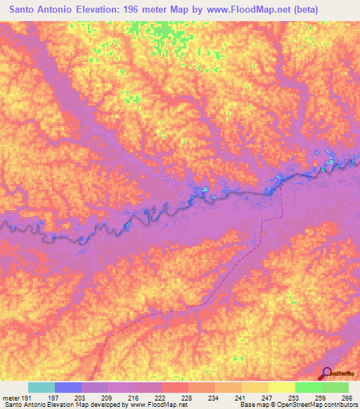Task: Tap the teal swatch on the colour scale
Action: click(41, 387)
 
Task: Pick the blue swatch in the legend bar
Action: click(68, 387)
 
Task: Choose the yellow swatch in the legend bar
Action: click(282, 387)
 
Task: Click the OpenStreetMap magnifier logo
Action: click(328, 374)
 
